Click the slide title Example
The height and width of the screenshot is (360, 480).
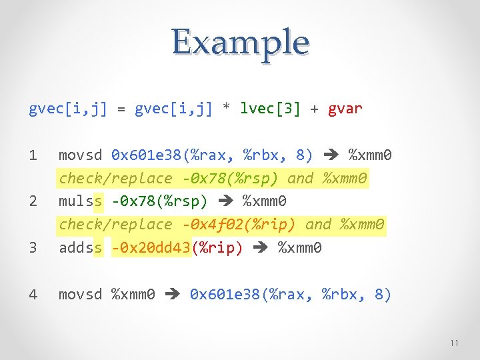tap(240, 43)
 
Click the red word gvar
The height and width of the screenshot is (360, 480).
tap(345, 109)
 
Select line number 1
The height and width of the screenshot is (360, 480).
tap(33, 156)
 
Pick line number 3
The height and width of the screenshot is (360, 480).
tap(33, 248)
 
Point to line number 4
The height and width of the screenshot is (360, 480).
tap(33, 294)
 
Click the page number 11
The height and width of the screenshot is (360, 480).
tap(454, 343)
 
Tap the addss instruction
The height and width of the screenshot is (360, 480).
tap(81, 248)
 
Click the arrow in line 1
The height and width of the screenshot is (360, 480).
tap(331, 156)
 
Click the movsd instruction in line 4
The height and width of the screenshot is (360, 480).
tap(81, 294)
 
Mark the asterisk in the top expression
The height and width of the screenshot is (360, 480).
tap(226, 109)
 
